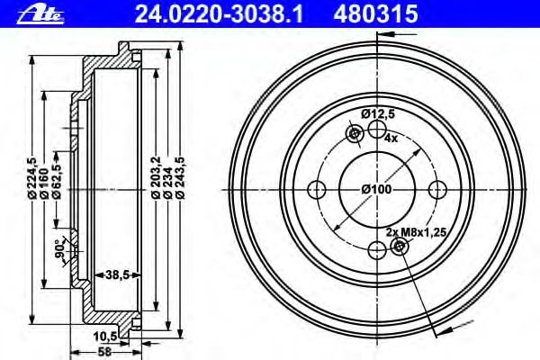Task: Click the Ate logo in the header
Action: click(x=40, y=15)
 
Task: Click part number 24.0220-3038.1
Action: click(x=219, y=14)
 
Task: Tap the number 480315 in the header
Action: click(x=375, y=14)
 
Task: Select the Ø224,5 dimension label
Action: click(x=31, y=177)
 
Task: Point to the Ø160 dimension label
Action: click(x=44, y=184)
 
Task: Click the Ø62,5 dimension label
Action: click(x=56, y=181)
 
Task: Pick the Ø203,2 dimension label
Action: click(x=156, y=177)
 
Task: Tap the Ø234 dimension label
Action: click(x=167, y=183)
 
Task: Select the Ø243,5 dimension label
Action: click(x=180, y=177)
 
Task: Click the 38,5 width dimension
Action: click(x=117, y=274)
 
